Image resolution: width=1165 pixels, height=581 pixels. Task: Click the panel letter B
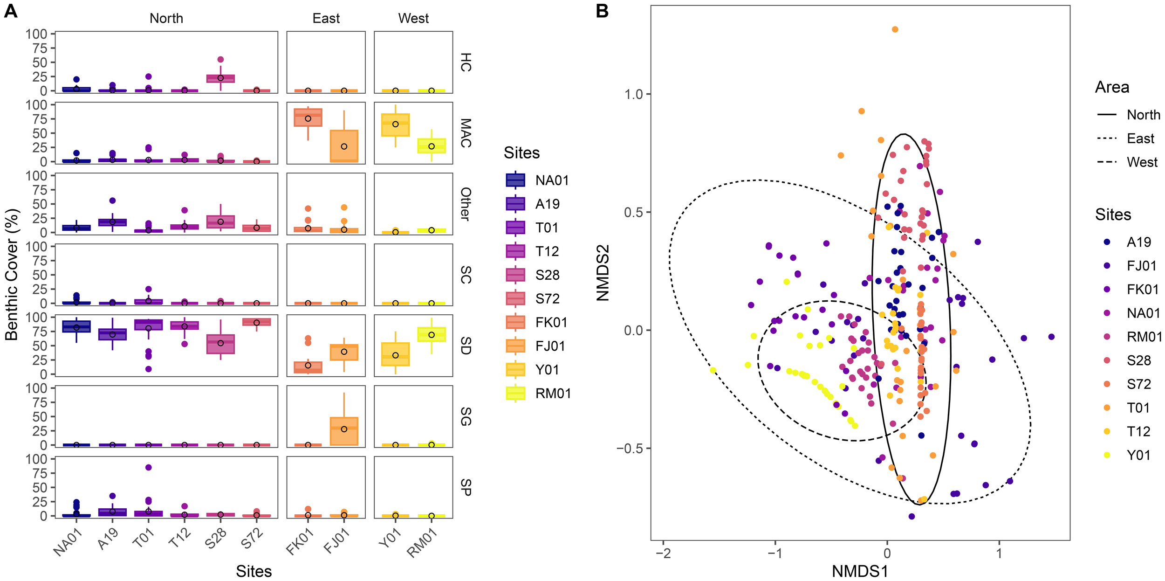(602, 11)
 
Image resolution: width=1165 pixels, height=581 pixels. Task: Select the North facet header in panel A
(166, 18)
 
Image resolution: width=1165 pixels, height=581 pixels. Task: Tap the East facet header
(326, 18)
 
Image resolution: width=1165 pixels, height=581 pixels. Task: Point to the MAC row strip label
(466, 133)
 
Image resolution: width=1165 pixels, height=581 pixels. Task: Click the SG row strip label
(466, 416)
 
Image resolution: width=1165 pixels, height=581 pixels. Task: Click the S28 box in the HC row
(220, 78)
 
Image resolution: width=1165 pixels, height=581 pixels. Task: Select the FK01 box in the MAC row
(308, 118)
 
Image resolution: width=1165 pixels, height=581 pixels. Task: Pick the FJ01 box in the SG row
(344, 431)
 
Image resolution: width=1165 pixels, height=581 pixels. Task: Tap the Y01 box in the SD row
(395, 354)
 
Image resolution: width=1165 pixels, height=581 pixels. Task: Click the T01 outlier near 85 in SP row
(148, 467)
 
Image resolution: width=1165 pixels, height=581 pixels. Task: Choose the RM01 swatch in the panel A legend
(515, 393)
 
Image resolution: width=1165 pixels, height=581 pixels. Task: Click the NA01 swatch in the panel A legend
(515, 180)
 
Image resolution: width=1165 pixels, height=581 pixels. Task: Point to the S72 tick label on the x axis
(252, 540)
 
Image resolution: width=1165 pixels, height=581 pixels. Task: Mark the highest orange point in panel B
(895, 29)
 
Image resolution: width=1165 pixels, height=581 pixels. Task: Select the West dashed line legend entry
(1107, 162)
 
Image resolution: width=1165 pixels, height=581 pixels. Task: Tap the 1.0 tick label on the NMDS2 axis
(634, 94)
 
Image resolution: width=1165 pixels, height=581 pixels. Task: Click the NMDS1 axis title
(860, 571)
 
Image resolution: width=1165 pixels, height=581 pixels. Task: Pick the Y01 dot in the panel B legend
(1107, 455)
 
